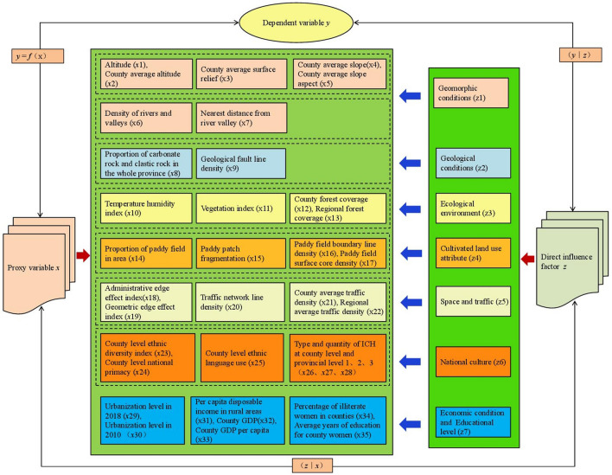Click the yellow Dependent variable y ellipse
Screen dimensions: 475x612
[x=305, y=22]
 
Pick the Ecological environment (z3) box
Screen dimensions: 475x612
[x=473, y=209]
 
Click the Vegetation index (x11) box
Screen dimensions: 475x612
[x=240, y=209]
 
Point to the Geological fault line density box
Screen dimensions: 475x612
[x=240, y=165]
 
